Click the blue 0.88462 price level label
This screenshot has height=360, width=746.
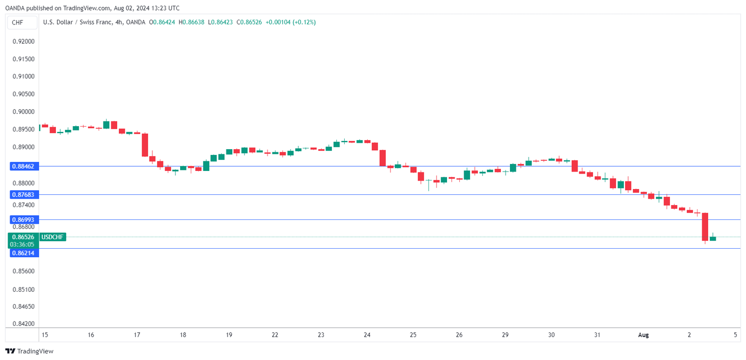tap(23, 166)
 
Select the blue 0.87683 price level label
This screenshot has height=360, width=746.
tap(23, 195)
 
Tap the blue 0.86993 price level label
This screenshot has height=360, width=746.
tap(23, 219)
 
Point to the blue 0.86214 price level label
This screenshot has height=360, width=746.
tap(23, 253)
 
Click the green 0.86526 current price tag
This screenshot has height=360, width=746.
tap(23, 237)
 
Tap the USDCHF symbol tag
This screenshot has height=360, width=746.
tap(53, 237)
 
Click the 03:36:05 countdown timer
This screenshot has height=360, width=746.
tap(23, 244)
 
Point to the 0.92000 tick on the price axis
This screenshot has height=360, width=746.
tap(23, 41)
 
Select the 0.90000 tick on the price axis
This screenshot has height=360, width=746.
tap(23, 112)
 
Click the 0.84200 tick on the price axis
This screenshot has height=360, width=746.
tap(23, 323)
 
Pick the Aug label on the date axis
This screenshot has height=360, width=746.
tap(644, 335)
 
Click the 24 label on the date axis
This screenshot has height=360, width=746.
tap(367, 335)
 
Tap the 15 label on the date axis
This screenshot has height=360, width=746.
tap(44, 335)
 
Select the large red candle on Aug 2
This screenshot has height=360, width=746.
tap(705, 226)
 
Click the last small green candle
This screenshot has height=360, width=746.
tap(713, 238)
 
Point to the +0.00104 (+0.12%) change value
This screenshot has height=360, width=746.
tap(291, 22)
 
